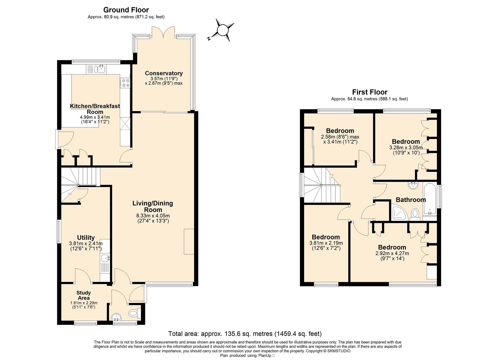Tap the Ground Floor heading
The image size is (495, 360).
[x=126, y=10]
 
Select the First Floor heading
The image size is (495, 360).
[x=370, y=92]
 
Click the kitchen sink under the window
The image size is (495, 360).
[x=96, y=69]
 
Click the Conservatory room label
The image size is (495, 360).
[x=164, y=73]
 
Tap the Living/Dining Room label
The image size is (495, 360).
[x=153, y=206]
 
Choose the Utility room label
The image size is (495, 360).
[x=86, y=238]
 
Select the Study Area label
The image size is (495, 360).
[x=84, y=295]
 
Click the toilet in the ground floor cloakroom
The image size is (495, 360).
[x=135, y=313]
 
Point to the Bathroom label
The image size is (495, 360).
[x=411, y=200]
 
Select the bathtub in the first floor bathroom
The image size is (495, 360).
[x=430, y=199]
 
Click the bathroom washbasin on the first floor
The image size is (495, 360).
[x=413, y=185]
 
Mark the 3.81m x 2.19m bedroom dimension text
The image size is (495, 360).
[x=326, y=246]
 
